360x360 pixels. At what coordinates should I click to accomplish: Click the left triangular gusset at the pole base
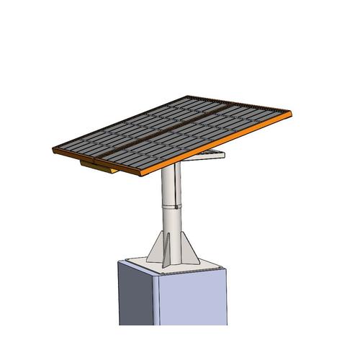click(156, 248)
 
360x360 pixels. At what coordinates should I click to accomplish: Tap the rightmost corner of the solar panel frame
click(294, 113)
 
